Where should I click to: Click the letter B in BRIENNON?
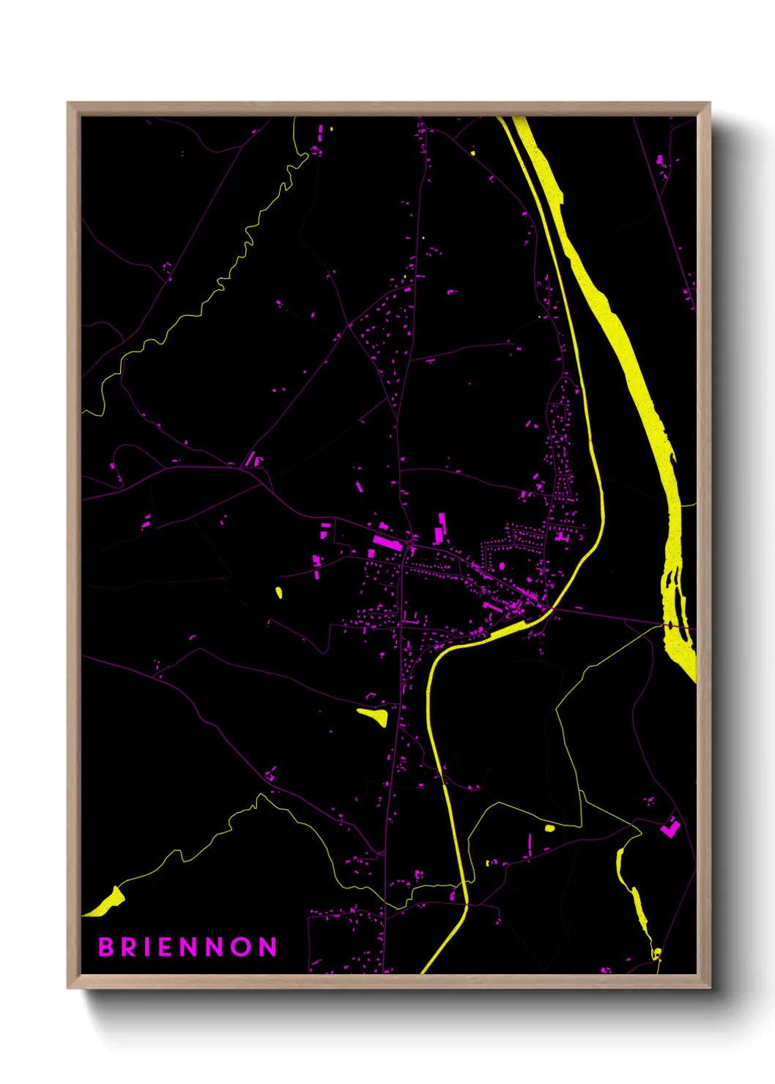[105, 947]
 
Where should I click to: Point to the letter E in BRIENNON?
[166, 947]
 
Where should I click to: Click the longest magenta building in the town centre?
[387, 543]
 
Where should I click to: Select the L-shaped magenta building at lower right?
[670, 828]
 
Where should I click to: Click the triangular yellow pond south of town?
[374, 715]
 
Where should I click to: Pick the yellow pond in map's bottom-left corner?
[108, 902]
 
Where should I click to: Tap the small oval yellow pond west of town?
[279, 592]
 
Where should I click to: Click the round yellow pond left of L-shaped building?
[550, 828]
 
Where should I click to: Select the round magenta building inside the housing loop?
[503, 565]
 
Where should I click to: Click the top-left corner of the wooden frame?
[68, 103]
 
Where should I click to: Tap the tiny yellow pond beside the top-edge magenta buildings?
[331, 130]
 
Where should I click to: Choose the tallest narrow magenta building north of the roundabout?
[442, 522]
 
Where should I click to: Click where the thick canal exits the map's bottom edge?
[425, 971]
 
